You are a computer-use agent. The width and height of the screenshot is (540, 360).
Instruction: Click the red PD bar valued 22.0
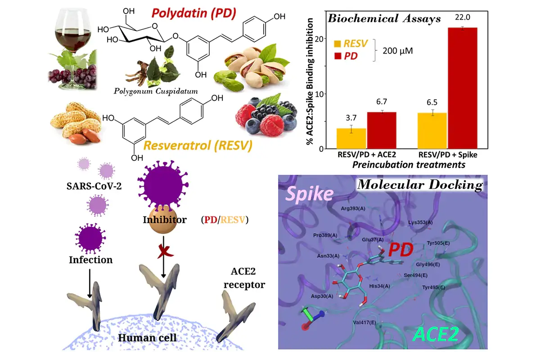tap(463, 88)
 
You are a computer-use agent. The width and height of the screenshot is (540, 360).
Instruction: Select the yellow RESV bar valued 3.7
tap(351, 139)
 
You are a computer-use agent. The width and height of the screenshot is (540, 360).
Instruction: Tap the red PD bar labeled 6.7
tap(382, 130)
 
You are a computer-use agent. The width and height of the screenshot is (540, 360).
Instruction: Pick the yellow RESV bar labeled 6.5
tap(432, 130)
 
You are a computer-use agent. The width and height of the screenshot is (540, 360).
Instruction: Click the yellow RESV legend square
tap(337, 44)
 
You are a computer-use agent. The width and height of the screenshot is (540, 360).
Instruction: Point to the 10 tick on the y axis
tap(319, 94)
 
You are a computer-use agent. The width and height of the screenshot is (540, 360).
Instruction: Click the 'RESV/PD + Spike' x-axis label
tap(448, 154)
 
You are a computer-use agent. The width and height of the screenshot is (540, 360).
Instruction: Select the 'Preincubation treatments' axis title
tap(409, 165)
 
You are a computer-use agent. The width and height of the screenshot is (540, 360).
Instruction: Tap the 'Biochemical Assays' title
tap(384, 18)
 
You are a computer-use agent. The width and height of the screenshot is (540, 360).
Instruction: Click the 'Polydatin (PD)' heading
tap(194, 13)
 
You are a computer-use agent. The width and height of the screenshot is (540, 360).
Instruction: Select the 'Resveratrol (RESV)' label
tap(198, 145)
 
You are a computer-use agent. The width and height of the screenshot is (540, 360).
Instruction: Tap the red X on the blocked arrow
tap(164, 251)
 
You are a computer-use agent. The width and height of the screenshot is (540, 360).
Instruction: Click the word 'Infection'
tap(90, 260)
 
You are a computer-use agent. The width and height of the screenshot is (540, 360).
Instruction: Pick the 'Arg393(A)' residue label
tap(353, 208)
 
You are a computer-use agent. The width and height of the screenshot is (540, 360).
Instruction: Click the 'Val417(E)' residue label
tap(364, 322)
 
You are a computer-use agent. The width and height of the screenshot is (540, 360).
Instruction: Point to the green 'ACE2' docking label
tap(436, 334)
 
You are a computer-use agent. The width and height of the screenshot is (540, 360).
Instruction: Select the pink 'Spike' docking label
tap(310, 194)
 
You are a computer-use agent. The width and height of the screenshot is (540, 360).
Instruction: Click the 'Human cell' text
tap(147, 337)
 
